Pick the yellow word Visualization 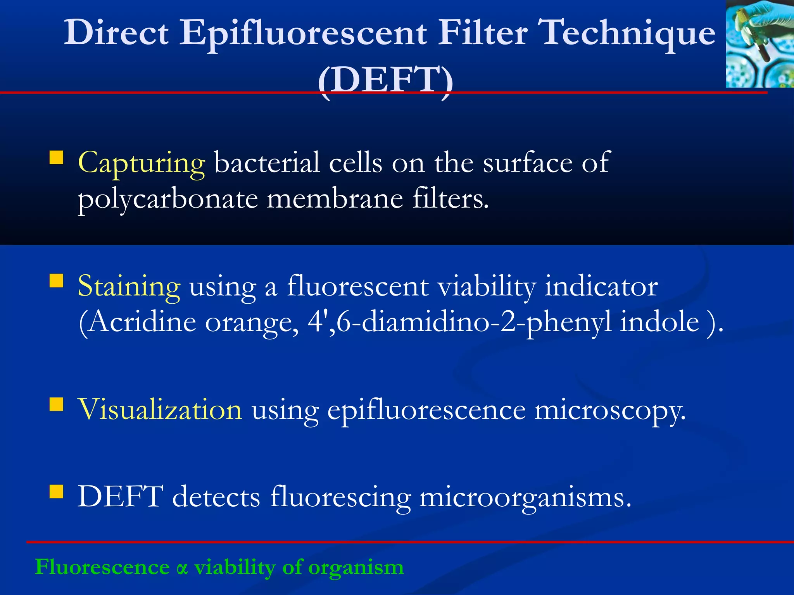pyautogui.click(x=160, y=410)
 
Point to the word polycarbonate pyautogui.click(x=168, y=200)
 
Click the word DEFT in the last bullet pyautogui.click(x=120, y=497)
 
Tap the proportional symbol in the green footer pyautogui.click(x=182, y=568)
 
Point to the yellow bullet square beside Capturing pyautogui.click(x=57, y=158)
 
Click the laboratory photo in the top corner pyautogui.click(x=759, y=43)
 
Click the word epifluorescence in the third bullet pyautogui.click(x=426, y=411)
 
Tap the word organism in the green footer pyautogui.click(x=356, y=568)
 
